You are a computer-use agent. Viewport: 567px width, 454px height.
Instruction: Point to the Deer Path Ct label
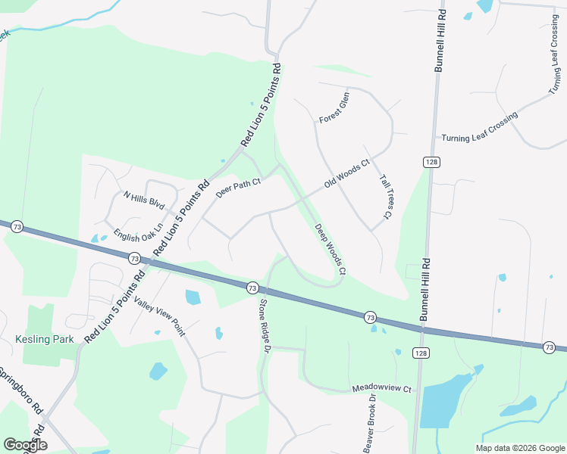click(238, 188)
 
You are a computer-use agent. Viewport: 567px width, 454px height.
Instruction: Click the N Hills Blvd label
click(144, 200)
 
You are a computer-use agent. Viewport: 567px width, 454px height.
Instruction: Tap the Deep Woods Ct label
click(330, 249)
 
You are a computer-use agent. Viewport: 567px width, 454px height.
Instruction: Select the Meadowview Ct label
click(381, 389)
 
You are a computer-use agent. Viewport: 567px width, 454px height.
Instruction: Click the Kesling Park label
click(45, 339)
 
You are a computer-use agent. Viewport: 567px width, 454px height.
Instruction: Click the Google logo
click(25, 445)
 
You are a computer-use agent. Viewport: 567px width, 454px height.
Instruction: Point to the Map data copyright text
click(519, 448)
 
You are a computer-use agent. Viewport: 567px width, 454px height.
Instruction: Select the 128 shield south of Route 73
click(421, 353)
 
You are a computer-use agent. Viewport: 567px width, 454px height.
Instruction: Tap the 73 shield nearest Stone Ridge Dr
click(252, 288)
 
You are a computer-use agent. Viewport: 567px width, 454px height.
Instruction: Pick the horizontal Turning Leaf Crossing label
click(479, 128)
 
